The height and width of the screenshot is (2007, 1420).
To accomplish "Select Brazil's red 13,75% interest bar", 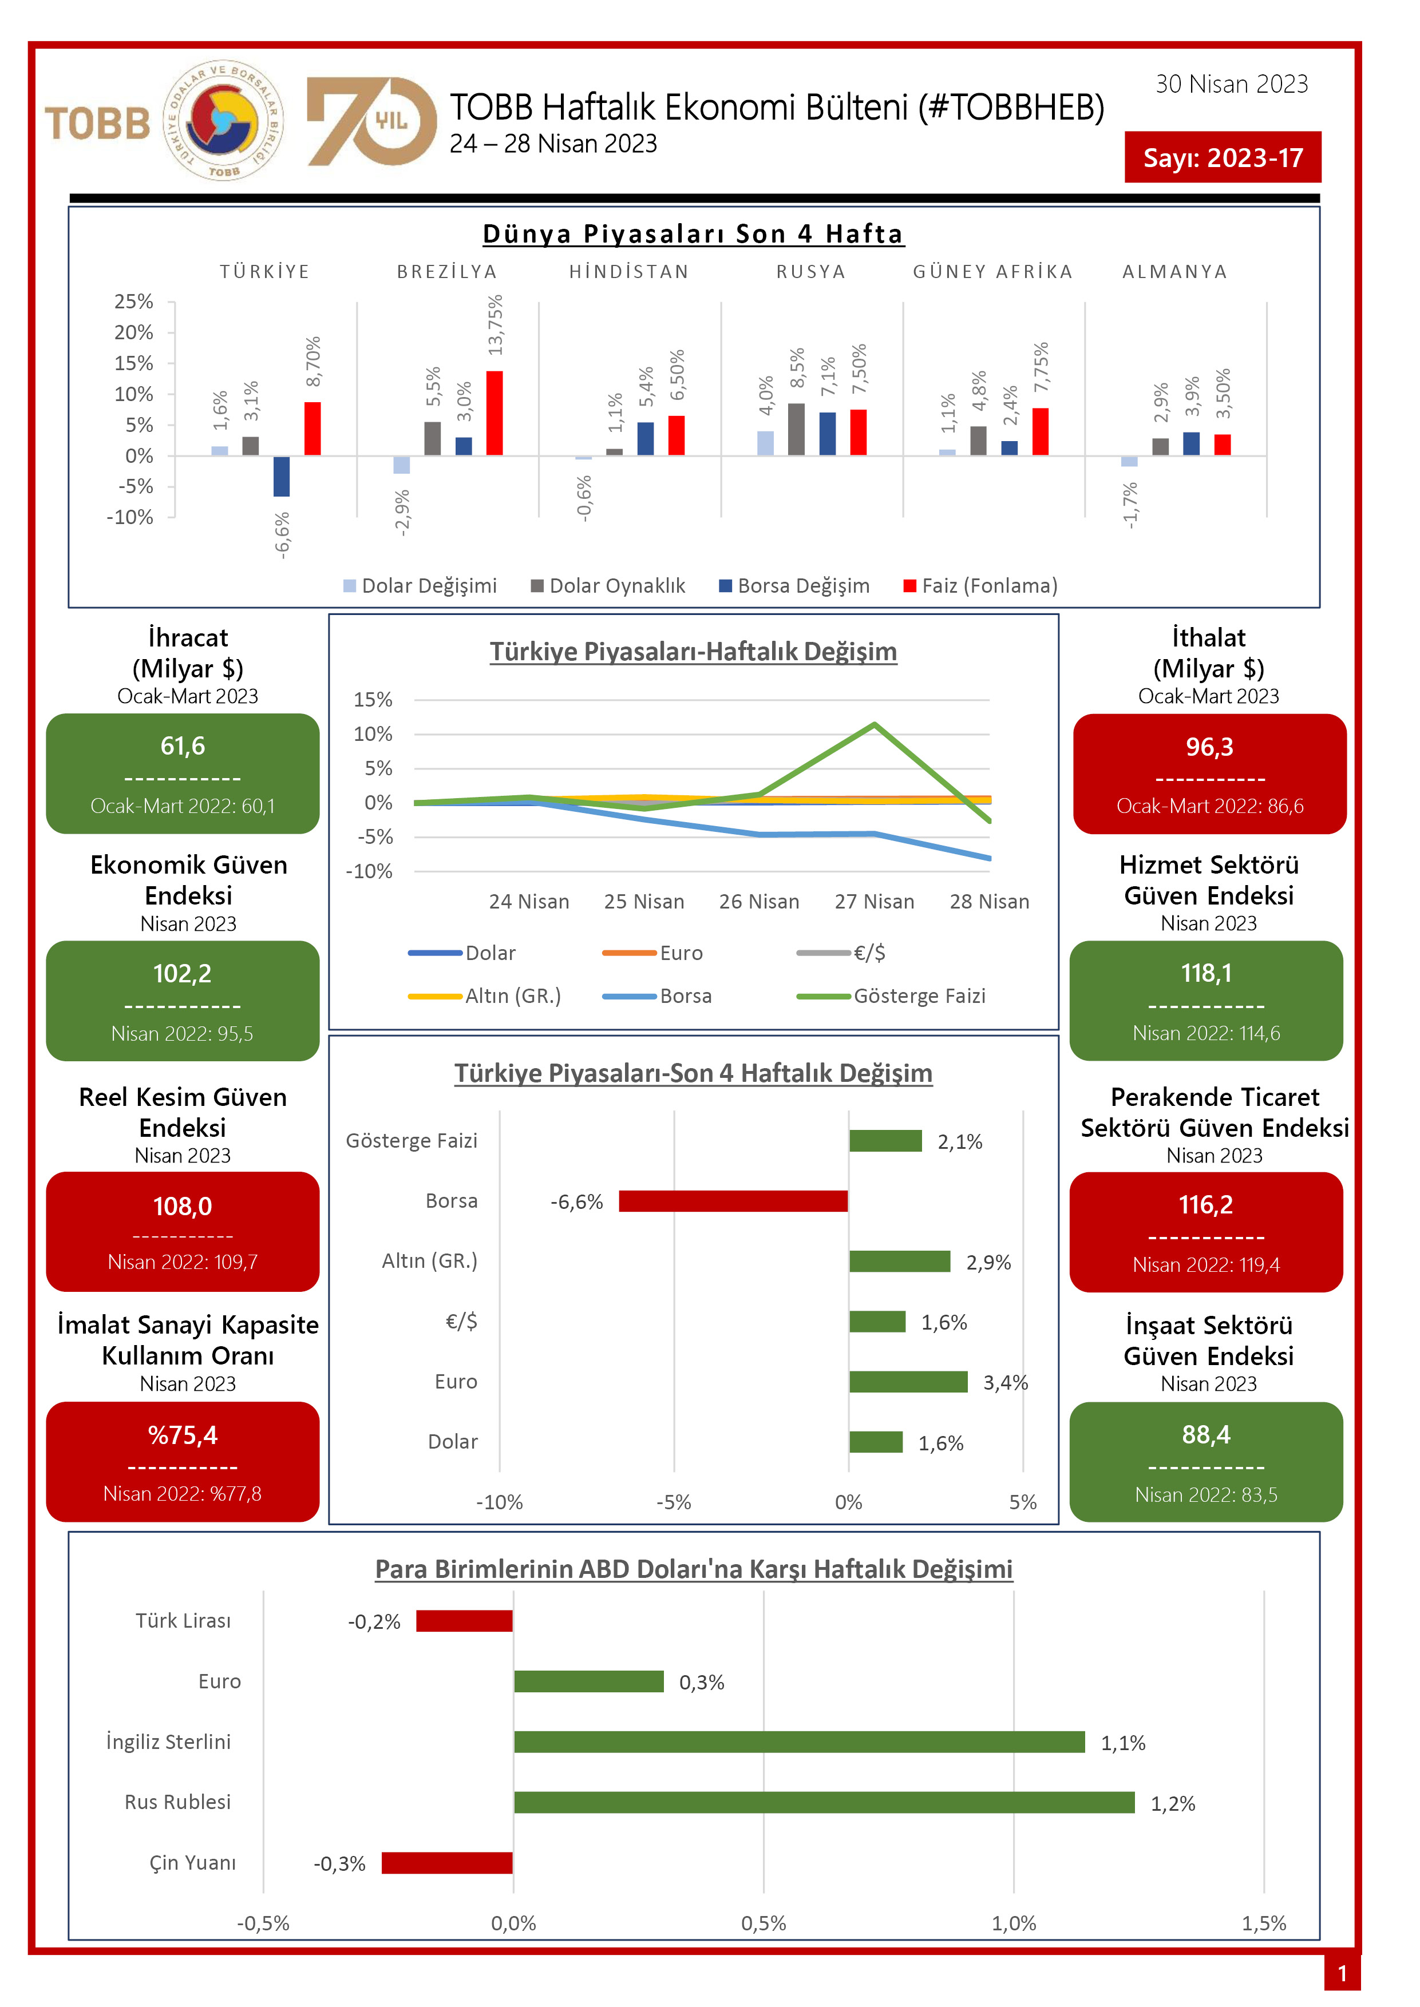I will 495,412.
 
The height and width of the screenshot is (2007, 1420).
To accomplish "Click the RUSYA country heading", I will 810,272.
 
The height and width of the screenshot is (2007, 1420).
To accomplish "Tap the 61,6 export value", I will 183,745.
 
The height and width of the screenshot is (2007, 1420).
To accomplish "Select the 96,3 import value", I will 1209,747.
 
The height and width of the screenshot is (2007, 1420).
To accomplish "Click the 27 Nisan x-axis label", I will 875,901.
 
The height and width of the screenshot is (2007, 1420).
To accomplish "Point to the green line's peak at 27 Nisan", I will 875,725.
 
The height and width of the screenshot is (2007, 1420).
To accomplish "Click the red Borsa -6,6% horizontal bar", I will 733,1201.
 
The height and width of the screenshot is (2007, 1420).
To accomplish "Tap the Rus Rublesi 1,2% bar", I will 824,1802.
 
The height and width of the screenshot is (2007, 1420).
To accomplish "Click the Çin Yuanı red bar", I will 447,1863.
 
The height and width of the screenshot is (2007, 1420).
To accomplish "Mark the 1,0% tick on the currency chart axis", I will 1014,1923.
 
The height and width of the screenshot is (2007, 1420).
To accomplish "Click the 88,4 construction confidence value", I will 1206,1434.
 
